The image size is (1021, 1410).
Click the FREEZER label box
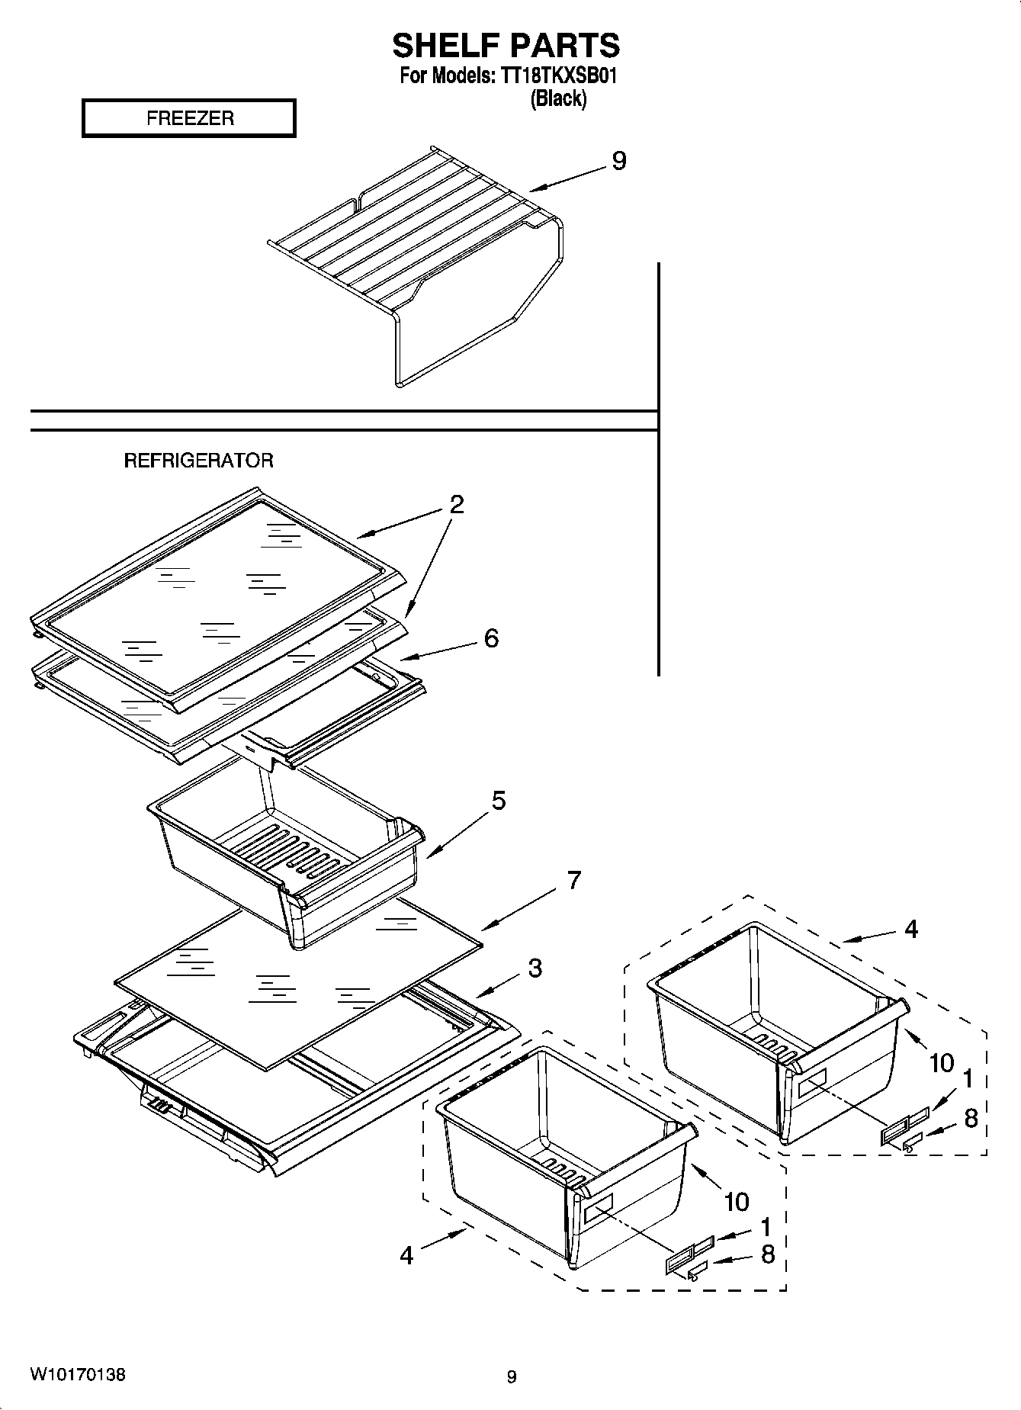[188, 118]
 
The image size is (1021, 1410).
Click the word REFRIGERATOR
[198, 461]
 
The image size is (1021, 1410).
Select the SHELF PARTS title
[506, 46]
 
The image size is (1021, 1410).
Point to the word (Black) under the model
[558, 98]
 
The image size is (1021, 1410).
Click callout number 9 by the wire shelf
[618, 161]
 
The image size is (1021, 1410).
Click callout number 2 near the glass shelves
[456, 504]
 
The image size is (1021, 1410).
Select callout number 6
[491, 638]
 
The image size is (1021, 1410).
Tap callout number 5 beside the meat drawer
[498, 801]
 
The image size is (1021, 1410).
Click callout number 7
[573, 880]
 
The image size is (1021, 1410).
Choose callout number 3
[535, 968]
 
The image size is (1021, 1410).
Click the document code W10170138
[78, 1374]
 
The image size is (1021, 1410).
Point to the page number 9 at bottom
[512, 1376]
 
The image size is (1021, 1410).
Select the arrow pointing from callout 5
[457, 834]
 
